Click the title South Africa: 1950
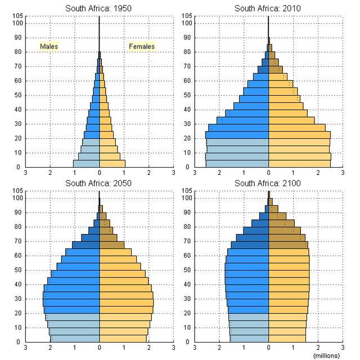99,8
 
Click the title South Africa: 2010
268,8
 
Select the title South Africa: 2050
99,183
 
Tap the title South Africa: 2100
268,183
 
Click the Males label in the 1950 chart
49,46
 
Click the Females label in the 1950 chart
142,46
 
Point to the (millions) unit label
326,355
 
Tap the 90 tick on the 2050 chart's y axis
18,212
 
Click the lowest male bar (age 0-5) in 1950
86,164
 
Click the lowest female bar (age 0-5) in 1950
112,164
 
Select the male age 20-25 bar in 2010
237,135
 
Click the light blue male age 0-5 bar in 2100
249,339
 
